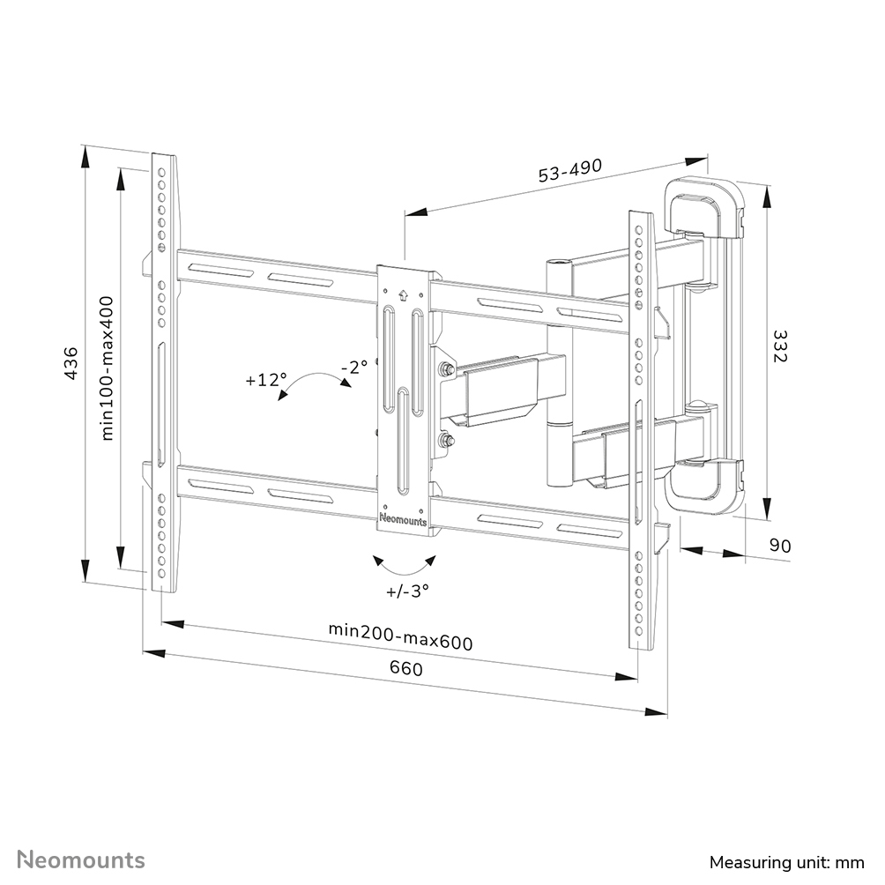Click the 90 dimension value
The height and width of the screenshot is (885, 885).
[778, 546]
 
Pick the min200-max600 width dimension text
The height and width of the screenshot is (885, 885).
[400, 636]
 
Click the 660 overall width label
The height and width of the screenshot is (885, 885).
[405, 669]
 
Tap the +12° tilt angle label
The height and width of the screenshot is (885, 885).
[266, 381]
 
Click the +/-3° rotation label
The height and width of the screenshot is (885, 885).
[406, 591]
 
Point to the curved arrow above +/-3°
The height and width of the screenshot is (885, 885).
[404, 562]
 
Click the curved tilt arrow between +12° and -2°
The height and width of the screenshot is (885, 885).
[310, 385]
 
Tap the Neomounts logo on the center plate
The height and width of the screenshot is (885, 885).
[403, 520]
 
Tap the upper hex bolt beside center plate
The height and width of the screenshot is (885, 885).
[447, 370]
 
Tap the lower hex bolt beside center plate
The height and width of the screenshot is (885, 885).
[447, 441]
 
